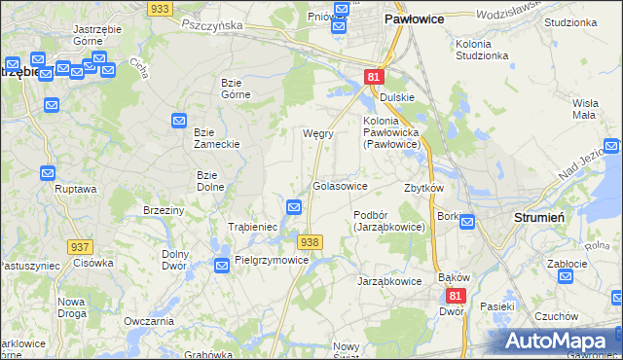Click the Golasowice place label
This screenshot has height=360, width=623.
coord(340,185)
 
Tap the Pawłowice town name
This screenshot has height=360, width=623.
coord(415,18)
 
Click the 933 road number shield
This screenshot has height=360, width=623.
coord(162,8)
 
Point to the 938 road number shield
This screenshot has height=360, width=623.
coord(310,242)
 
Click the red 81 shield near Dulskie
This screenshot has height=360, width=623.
coord(375,76)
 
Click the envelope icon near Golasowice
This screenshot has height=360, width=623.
coord(294,206)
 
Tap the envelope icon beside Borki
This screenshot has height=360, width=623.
coord(466,222)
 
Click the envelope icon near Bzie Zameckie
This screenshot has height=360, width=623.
coord(180,121)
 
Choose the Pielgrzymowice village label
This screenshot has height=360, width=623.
coord(272,261)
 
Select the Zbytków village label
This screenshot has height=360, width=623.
coord(424,188)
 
